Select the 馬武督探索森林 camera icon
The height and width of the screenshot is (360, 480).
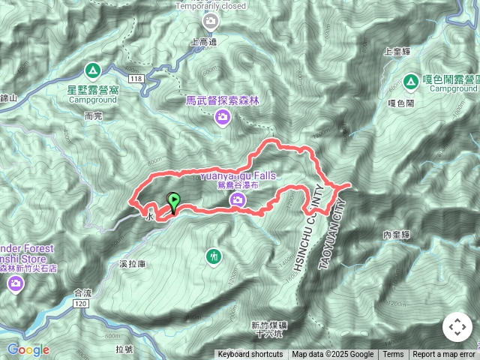pyautogui.click(x=222, y=116)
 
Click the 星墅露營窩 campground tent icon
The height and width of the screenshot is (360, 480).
pyautogui.click(x=93, y=71)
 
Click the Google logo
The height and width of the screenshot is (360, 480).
pyautogui.click(x=28, y=349)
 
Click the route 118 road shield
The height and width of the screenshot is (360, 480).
pyautogui.click(x=136, y=79)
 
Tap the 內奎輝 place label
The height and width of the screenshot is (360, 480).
pyautogui.click(x=396, y=235)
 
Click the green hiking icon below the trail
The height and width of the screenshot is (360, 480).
pyautogui.click(x=215, y=257)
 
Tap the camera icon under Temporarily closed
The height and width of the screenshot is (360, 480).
pyautogui.click(x=211, y=20)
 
